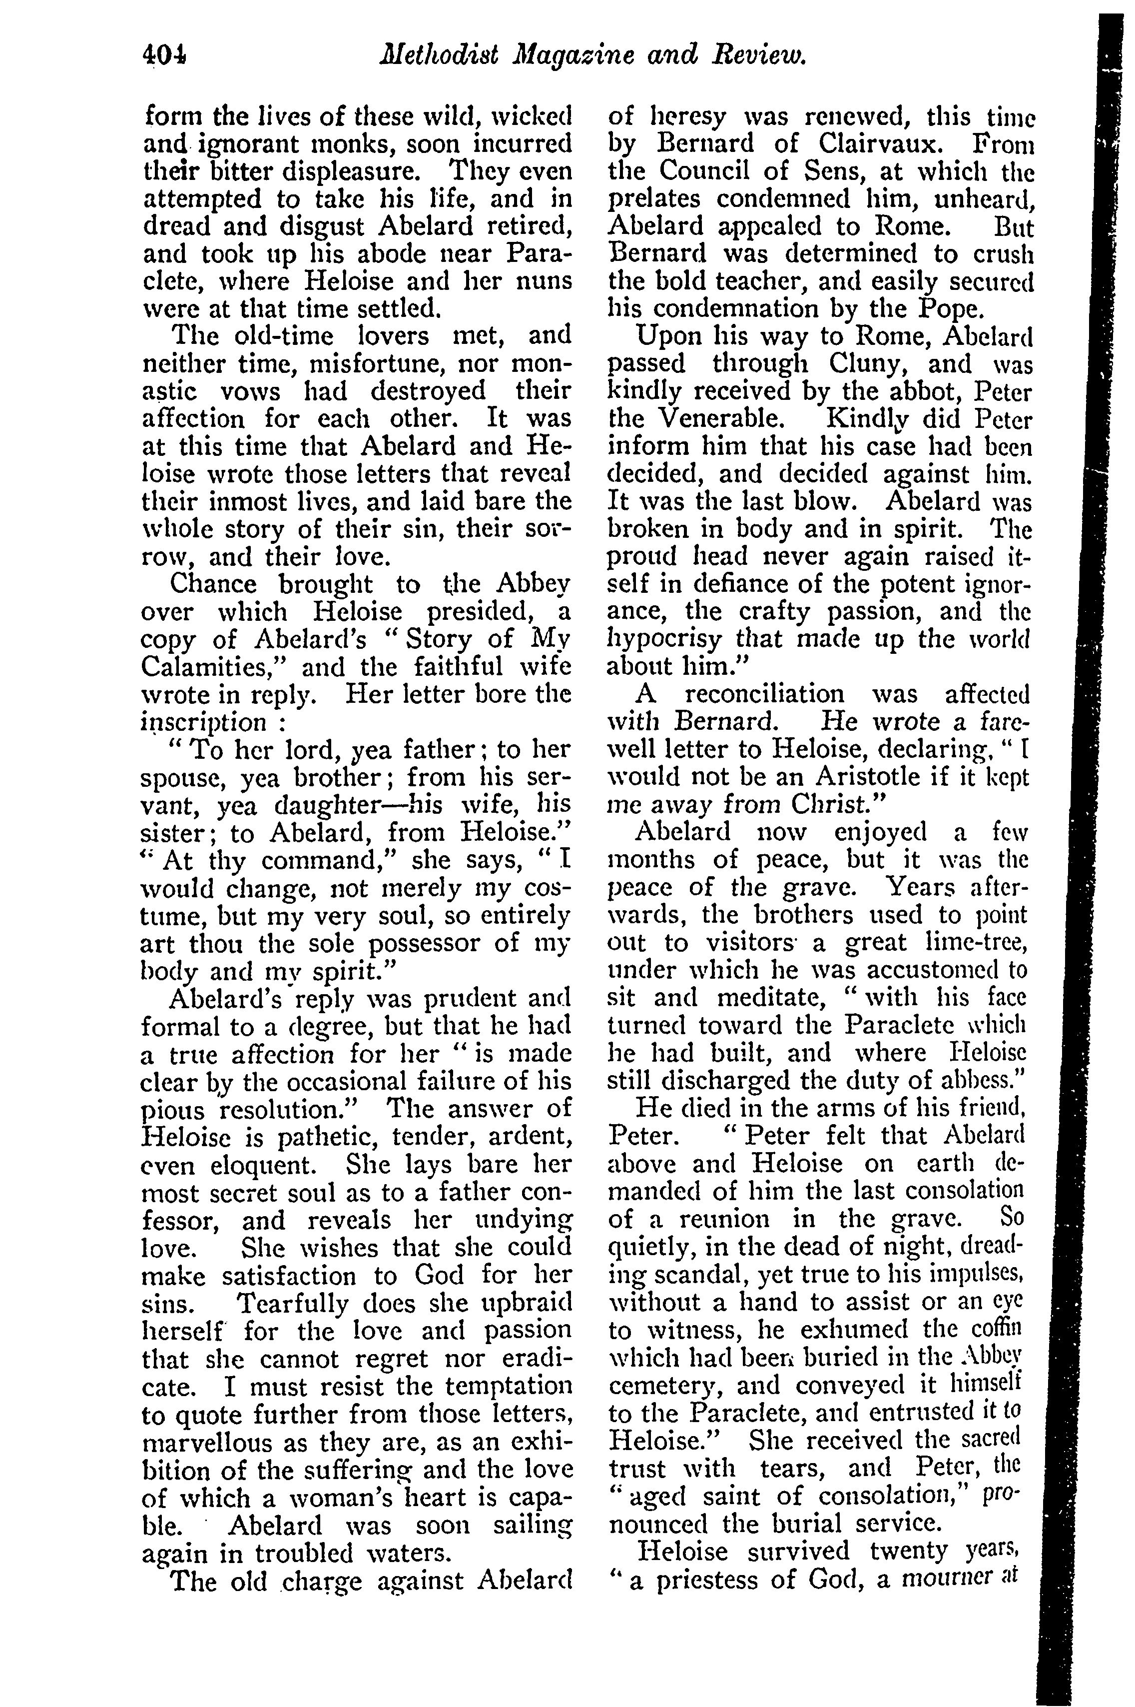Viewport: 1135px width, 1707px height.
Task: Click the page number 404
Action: (164, 55)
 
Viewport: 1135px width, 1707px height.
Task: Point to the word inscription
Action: (203, 723)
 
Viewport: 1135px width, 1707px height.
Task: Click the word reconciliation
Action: (764, 694)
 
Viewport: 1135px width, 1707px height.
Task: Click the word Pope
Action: (951, 309)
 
